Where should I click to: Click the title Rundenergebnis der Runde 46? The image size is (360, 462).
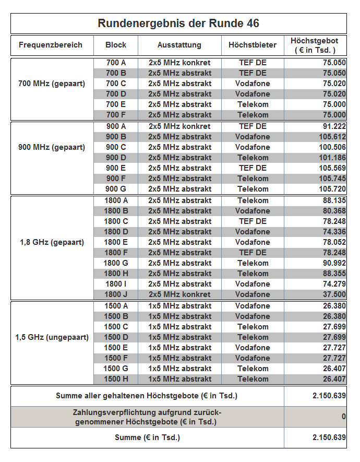(178, 23)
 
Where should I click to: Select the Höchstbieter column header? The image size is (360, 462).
(253, 45)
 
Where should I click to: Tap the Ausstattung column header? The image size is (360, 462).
(179, 45)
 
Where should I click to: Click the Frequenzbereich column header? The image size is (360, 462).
(51, 45)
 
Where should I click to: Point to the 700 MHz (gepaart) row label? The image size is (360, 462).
(52, 84)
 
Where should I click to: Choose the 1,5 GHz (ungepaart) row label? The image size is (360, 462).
(52, 337)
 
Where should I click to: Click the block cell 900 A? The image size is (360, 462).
(116, 126)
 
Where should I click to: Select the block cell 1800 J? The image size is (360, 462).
(116, 294)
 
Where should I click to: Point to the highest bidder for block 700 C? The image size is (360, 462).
(253, 84)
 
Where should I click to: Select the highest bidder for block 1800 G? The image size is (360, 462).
(253, 263)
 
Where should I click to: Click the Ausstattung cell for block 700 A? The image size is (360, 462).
(179, 63)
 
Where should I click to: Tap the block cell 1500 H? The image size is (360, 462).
(116, 379)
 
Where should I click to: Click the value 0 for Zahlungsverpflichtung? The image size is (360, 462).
(343, 417)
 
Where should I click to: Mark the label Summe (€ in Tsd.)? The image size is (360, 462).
(147, 437)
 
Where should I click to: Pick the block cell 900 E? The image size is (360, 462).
(116, 168)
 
